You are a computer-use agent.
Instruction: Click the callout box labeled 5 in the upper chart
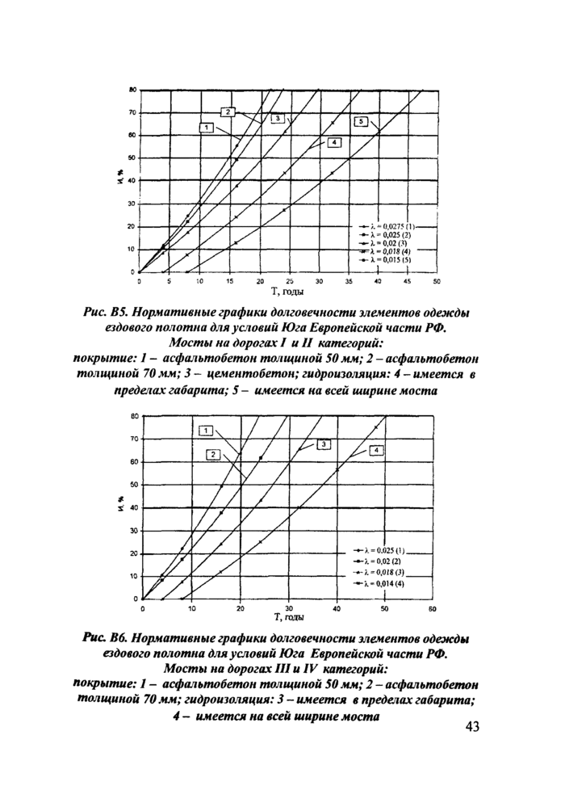point(362,121)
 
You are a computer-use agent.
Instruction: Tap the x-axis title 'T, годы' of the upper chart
point(287,290)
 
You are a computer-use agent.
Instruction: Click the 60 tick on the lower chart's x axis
point(432,607)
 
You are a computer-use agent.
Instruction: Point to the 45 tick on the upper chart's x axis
point(407,282)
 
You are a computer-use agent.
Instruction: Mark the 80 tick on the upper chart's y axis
point(131,90)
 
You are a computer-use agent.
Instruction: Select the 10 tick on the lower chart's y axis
point(134,577)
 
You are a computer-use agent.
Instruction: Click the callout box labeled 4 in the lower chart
point(376,449)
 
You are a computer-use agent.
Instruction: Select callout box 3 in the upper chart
point(276,119)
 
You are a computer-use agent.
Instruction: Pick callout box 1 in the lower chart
point(207,430)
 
